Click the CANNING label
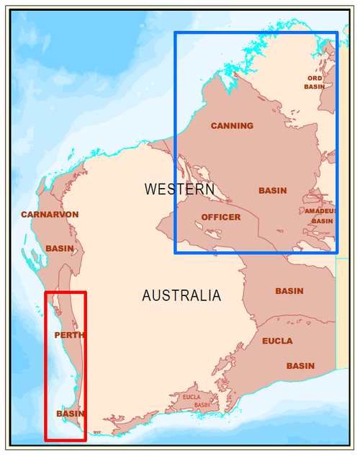pyautogui.click(x=232, y=126)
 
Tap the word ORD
pyautogui.click(x=315, y=78)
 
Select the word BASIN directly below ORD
pyautogui.click(x=315, y=86)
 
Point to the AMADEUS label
pyautogui.click(x=320, y=211)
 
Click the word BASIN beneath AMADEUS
pyautogui.click(x=322, y=220)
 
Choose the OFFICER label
pyautogui.click(x=221, y=217)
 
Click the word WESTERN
pyautogui.click(x=179, y=189)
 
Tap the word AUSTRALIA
pyautogui.click(x=181, y=295)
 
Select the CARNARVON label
pyautogui.click(x=50, y=215)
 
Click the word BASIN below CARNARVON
pyautogui.click(x=59, y=249)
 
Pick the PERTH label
pyautogui.click(x=69, y=335)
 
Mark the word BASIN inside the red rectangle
pyautogui.click(x=71, y=413)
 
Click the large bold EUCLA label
pyautogui.click(x=277, y=341)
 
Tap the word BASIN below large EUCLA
pyautogui.click(x=300, y=366)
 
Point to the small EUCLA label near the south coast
pyautogui.click(x=192, y=397)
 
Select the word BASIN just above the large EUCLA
pyautogui.click(x=289, y=291)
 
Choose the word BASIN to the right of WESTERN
pyautogui.click(x=273, y=191)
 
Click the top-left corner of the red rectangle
pyautogui.click(x=46, y=292)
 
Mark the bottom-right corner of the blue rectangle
pyautogui.click(x=337, y=252)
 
